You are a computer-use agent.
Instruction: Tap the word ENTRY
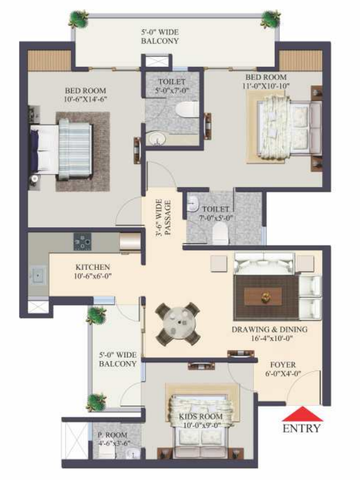(x=301, y=429)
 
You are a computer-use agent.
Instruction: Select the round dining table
(x=178, y=324)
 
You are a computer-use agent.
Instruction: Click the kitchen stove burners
(x=83, y=241)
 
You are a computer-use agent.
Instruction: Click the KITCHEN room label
(x=92, y=267)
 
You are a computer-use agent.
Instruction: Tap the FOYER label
(x=283, y=365)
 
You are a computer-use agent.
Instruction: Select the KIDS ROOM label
(x=201, y=416)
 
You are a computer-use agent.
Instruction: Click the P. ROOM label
(x=112, y=434)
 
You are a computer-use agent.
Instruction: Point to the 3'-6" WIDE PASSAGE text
(x=163, y=217)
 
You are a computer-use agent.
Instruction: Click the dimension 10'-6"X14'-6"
(x=85, y=99)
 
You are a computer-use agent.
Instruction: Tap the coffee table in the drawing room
(x=263, y=296)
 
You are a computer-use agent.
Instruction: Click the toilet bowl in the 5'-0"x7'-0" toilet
(x=187, y=109)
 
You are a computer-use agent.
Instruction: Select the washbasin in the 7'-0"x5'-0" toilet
(x=192, y=204)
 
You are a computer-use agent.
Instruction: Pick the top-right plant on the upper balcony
(x=271, y=19)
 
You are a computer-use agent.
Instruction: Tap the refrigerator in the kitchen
(x=130, y=243)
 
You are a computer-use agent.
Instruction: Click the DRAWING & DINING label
(x=269, y=330)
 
